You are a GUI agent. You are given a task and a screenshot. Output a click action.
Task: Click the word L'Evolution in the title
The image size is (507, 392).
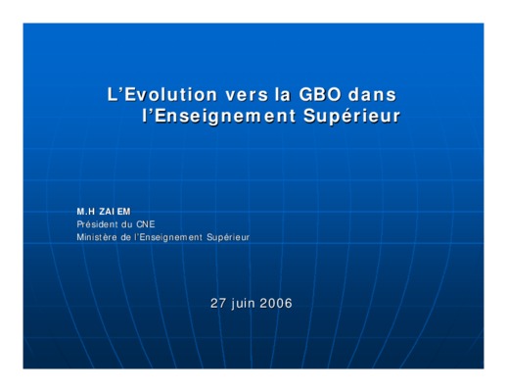pos(162,94)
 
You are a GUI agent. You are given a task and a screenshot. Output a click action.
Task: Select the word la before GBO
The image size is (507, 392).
pos(283,94)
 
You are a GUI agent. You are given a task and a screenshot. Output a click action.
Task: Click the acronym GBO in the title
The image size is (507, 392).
pos(320,94)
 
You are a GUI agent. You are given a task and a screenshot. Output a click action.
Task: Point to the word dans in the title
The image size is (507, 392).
pos(372,94)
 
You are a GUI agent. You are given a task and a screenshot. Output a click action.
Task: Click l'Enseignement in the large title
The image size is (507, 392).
pos(219,117)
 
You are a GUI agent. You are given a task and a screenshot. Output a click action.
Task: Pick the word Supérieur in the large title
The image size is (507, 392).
pos(351,117)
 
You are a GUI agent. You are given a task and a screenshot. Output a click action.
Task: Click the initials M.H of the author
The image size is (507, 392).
pos(86,212)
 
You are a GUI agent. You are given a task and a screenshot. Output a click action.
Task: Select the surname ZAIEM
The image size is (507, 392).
pos(115,212)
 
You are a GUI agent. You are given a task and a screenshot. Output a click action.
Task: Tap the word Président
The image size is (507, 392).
pos(97,224)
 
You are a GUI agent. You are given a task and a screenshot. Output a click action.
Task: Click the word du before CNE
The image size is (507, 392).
pos(127,224)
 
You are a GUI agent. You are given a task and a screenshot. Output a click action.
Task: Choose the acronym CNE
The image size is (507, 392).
pos(146,224)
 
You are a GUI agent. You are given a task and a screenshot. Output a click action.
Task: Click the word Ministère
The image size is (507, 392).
pos(97,237)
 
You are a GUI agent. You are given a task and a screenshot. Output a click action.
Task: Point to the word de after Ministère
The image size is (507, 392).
pos(126,237)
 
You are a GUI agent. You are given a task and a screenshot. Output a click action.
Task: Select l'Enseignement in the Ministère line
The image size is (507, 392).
pos(168,237)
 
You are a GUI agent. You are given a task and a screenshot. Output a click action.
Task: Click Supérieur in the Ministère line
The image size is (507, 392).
pos(228,237)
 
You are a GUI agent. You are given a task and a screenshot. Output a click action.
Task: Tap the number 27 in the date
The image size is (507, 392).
pos(218,304)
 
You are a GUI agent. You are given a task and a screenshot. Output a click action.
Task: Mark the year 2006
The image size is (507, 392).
pos(276,304)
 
